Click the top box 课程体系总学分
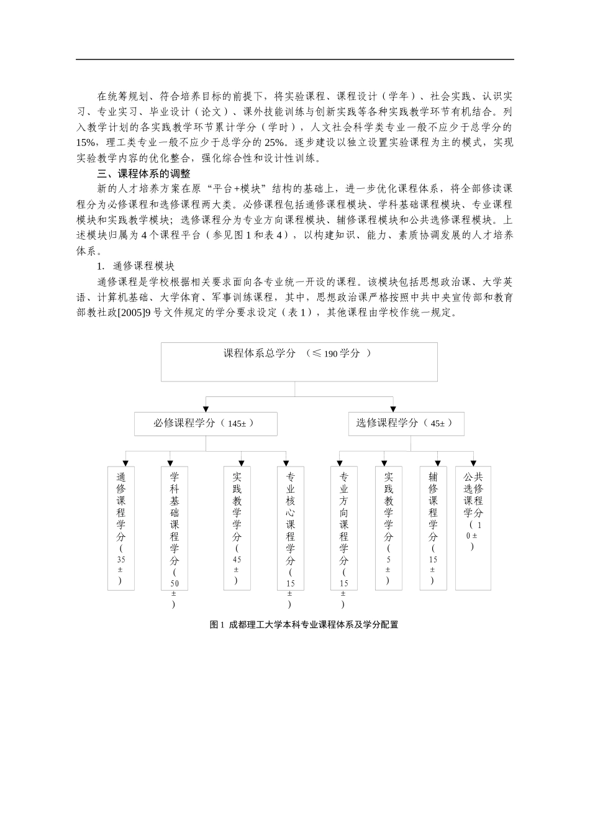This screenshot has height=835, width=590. pyautogui.click(x=299, y=362)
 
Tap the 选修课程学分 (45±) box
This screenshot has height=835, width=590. pyautogui.click(x=406, y=423)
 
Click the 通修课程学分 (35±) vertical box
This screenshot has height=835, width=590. pyautogui.click(x=121, y=528)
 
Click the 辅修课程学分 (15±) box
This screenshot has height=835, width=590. pyautogui.click(x=433, y=528)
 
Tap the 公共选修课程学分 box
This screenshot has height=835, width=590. pyautogui.click(x=473, y=528)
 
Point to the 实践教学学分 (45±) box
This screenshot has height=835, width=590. pyautogui.click(x=237, y=528)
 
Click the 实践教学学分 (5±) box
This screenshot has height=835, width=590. pyautogui.click(x=389, y=528)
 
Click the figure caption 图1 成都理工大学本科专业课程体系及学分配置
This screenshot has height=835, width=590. pyautogui.click(x=304, y=625)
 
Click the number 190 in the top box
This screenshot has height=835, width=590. pyautogui.click(x=330, y=354)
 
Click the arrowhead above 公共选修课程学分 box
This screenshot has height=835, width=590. pyautogui.click(x=473, y=463)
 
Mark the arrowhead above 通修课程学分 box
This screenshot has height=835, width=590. pyautogui.click(x=126, y=463)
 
